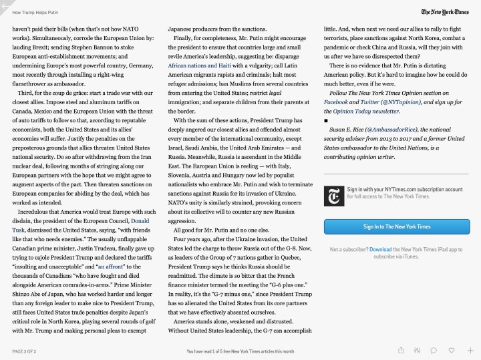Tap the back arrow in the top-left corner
pos(5,5)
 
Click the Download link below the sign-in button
pos(380,250)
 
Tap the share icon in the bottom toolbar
pos(401,350)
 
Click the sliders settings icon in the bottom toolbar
pos(417,350)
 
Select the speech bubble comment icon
pos(434,350)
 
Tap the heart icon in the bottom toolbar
pos(452,350)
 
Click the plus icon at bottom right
pos(470,350)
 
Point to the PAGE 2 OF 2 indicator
pos(25,351)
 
